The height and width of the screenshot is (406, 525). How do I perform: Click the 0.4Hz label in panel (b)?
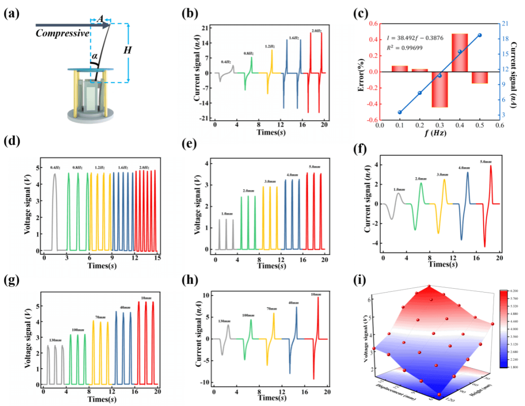pyautogui.click(x=226, y=62)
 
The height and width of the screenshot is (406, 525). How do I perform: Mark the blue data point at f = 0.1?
pyautogui.click(x=400, y=112)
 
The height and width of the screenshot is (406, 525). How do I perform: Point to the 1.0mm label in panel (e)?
pyautogui.click(x=226, y=214)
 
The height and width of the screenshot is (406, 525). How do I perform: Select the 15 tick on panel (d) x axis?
pyautogui.click(x=157, y=258)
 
